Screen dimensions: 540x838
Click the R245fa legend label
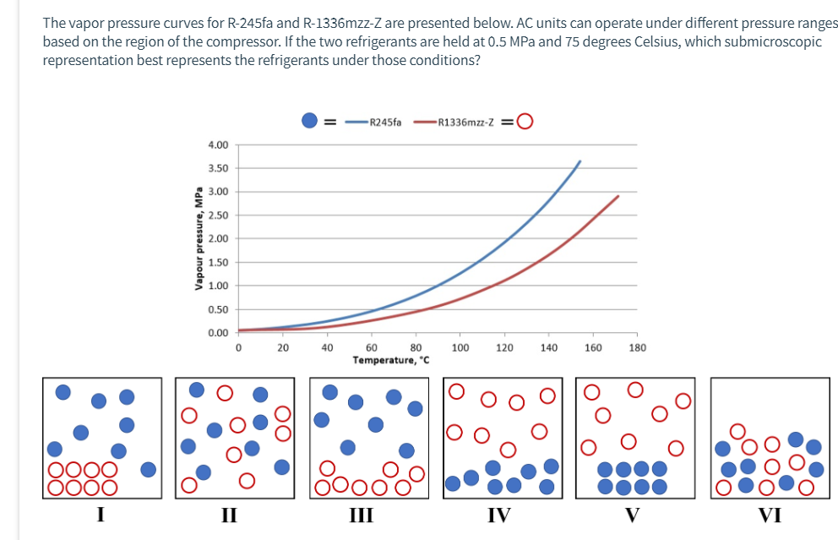(385, 123)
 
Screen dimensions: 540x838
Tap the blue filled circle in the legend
(310, 122)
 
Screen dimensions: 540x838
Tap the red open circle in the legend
(525, 122)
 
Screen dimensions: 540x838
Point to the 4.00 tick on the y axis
(217, 145)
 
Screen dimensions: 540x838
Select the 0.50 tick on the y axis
(217, 309)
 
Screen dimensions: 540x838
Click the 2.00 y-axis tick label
(217, 239)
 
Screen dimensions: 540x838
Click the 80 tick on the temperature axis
(416, 347)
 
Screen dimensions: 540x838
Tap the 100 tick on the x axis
(460, 347)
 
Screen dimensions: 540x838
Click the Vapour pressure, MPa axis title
(199, 238)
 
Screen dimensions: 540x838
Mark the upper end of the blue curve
(580, 161)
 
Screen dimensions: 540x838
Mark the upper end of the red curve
(618, 196)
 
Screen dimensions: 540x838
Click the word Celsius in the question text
(651, 42)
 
